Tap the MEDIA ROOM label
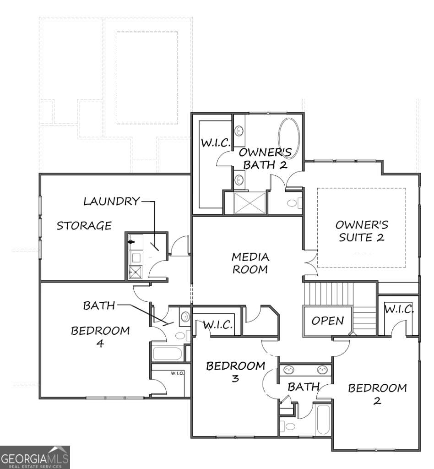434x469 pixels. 250,263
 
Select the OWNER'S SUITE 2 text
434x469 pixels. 361,231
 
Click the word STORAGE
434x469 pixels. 84,225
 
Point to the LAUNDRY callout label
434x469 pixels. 111,201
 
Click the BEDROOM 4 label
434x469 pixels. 100,337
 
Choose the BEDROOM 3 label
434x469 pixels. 235,372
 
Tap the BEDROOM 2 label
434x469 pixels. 377,394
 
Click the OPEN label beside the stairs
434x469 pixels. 327,321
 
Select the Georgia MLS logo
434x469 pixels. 35,457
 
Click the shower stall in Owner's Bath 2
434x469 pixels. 250,202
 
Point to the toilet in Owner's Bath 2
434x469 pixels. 293,203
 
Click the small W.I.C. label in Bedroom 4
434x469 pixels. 177,373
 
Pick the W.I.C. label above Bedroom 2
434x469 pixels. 399,309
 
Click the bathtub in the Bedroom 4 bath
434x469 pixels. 167,354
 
